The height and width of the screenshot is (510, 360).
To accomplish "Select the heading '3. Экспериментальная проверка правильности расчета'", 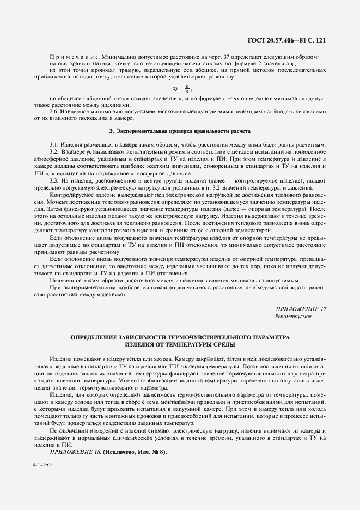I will pyautogui.click(x=180, y=131).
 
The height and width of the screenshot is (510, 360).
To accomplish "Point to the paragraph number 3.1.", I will pyautogui.click(x=54, y=144).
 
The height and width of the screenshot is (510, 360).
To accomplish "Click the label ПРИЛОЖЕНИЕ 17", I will pyautogui.click(x=301, y=309).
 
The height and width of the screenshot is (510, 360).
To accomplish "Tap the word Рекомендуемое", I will pyautogui.click(x=294, y=317).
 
